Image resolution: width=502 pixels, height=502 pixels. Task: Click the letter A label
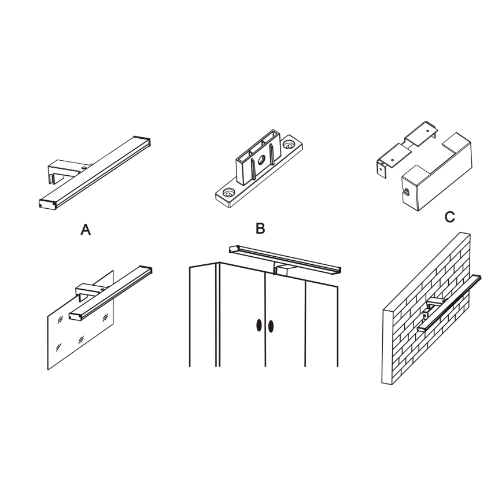pyautogui.click(x=86, y=229)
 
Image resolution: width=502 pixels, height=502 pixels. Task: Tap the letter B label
pyautogui.click(x=261, y=228)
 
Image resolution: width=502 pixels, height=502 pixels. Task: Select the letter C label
pyautogui.click(x=450, y=217)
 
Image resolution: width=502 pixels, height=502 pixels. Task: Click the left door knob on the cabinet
pyautogui.click(x=259, y=325)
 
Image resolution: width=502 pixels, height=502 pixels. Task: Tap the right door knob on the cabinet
pyautogui.click(x=271, y=326)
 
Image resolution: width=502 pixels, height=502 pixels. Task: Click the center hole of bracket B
pyautogui.click(x=261, y=159)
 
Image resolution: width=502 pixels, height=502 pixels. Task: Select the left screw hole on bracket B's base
pyautogui.click(x=228, y=193)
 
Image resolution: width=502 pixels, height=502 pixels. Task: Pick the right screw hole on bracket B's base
pyautogui.click(x=290, y=145)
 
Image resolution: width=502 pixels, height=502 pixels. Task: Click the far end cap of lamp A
pyautogui.click(x=142, y=142)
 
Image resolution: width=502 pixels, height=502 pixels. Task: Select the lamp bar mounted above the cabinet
pyautogui.click(x=285, y=258)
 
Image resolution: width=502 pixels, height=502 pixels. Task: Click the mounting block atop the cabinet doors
pyautogui.click(x=281, y=270)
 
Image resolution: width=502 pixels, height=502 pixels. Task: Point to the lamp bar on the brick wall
pyautogui.click(x=449, y=302)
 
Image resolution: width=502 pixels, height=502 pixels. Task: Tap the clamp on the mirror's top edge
pyautogui.click(x=90, y=291)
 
